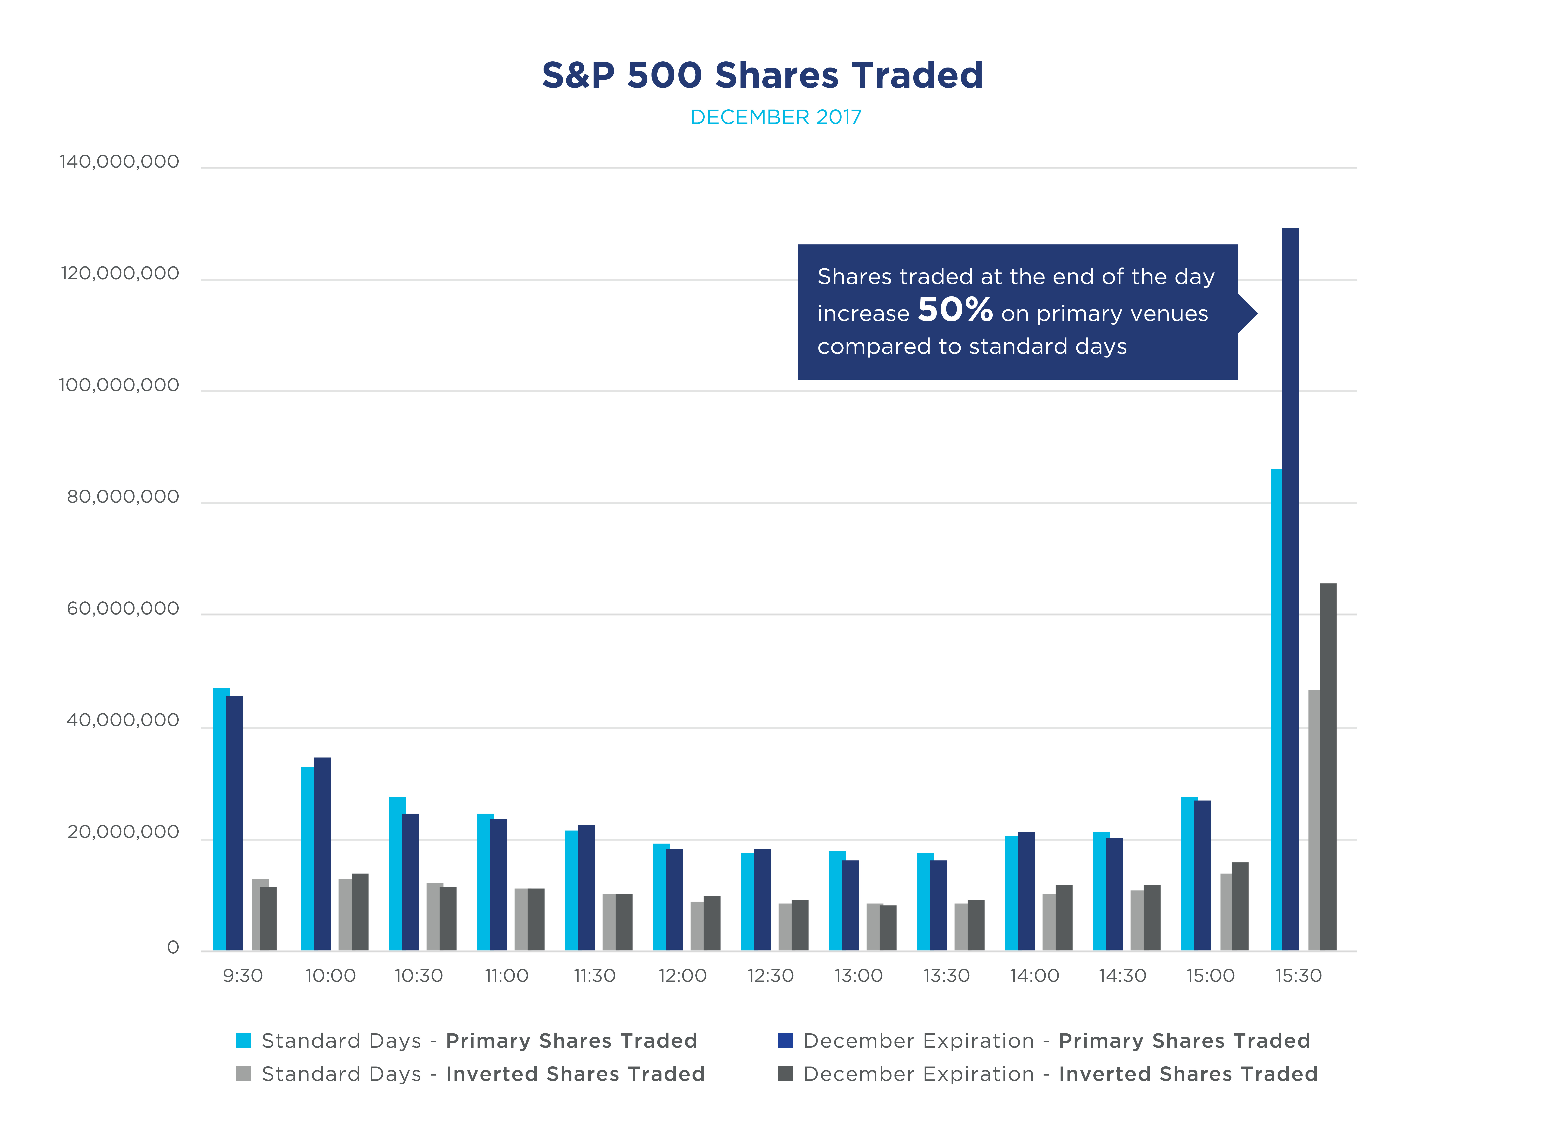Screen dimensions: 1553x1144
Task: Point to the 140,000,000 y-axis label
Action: (119, 162)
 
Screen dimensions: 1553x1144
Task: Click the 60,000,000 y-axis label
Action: (123, 609)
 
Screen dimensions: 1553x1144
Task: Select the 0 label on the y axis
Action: (173, 947)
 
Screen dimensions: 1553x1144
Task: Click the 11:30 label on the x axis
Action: (594, 976)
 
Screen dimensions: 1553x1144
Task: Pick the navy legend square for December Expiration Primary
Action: (785, 1040)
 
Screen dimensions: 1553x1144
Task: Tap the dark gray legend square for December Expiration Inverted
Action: (785, 1073)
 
